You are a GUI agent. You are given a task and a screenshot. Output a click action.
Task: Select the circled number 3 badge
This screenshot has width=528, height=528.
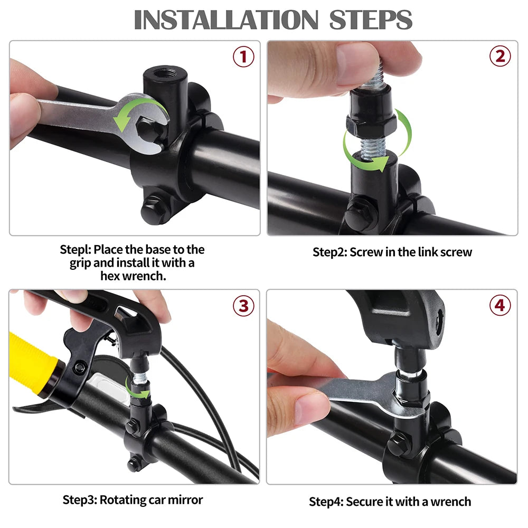pyautogui.click(x=243, y=306)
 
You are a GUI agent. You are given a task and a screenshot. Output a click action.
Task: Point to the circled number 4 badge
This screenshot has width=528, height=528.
pyautogui.click(x=499, y=306)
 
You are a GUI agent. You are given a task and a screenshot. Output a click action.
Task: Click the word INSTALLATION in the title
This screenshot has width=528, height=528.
pyautogui.click(x=226, y=20)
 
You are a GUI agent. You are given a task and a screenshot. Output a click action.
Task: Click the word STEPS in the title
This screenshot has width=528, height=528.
pyautogui.click(x=371, y=20)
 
